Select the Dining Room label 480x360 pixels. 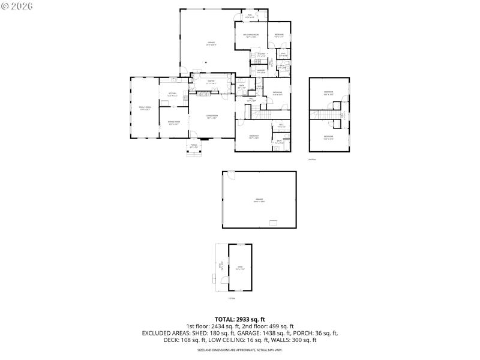(174, 123)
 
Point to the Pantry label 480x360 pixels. (211, 82)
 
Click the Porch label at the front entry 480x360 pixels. (194, 146)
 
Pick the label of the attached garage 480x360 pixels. (212, 43)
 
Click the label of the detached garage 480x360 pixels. (259, 199)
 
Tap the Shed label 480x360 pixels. (240, 268)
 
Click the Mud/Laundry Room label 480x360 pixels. (251, 35)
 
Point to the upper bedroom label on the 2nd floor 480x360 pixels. (328, 93)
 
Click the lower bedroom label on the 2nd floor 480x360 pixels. (328, 137)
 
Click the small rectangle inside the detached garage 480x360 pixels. (273, 223)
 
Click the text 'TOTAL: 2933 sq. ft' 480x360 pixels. (240, 319)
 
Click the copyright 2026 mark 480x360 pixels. (17, 6)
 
